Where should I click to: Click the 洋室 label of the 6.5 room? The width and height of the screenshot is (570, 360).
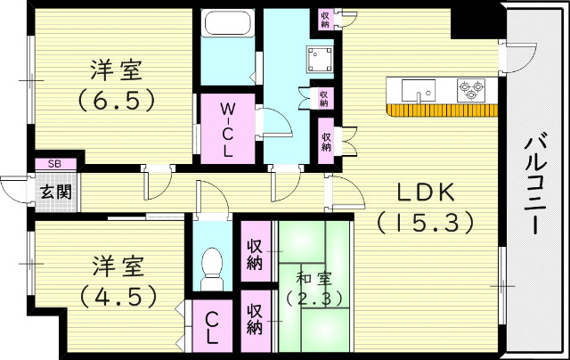[114, 69]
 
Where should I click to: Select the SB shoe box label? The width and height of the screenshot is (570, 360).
[54, 164]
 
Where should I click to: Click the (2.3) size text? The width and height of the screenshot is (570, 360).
[314, 298]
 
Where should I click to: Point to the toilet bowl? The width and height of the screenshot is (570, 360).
[212, 266]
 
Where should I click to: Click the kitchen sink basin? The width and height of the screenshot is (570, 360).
[416, 90]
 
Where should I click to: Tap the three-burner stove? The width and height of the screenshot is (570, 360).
[470, 89]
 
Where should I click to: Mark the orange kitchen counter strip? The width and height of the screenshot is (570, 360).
[442, 110]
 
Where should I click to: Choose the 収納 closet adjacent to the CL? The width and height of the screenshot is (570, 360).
[254, 319]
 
